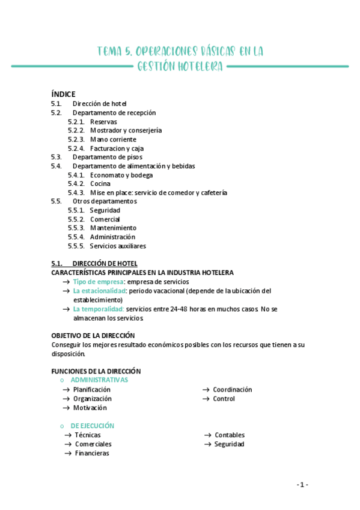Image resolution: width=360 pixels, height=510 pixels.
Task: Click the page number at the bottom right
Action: tap(302, 485)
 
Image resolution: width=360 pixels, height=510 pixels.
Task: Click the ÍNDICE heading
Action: tap(63, 94)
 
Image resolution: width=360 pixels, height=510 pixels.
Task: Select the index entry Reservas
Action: tap(103, 121)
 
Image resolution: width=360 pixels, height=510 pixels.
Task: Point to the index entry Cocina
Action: tap(100, 183)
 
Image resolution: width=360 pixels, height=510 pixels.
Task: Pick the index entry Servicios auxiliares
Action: tap(118, 246)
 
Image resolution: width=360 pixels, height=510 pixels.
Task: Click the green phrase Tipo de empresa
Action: tap(99, 281)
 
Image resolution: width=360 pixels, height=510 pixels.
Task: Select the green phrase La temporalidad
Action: tap(99, 309)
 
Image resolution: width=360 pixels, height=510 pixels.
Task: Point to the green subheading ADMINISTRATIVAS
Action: tap(99, 380)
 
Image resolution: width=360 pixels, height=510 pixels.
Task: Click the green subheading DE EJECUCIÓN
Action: tap(92, 426)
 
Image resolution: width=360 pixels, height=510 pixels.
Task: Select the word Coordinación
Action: tap(232, 390)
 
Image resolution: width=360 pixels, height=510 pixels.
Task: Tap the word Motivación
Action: tap(90, 408)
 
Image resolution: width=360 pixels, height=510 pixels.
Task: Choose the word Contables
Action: tap(230, 435)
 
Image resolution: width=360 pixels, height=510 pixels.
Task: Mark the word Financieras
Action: tap(92, 453)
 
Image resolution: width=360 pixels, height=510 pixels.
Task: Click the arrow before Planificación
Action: tap(67, 390)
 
